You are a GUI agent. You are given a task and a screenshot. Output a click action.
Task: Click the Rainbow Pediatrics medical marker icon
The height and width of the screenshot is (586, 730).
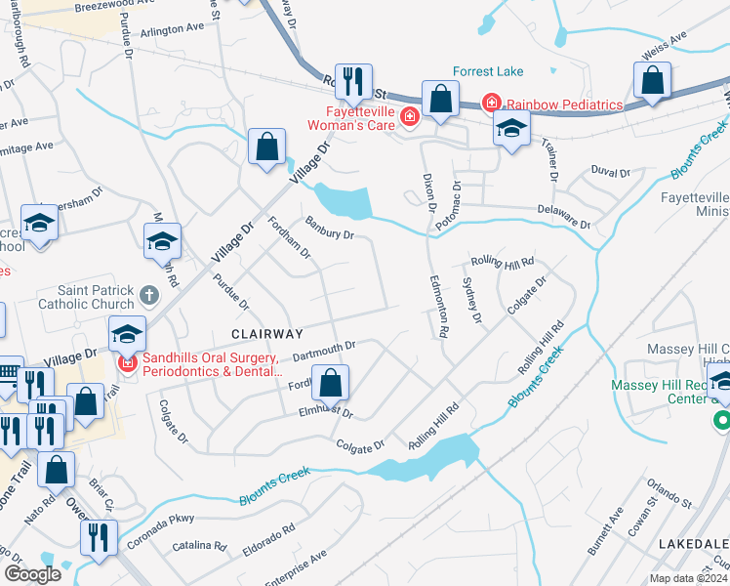pos(491,104)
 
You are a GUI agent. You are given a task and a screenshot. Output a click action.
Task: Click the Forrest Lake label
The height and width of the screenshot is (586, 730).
pos(489,71)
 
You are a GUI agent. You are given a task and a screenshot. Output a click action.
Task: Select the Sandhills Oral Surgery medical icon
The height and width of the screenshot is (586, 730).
pos(127,364)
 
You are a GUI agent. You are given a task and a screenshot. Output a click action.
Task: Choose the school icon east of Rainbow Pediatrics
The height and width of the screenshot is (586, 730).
pos(510,127)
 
